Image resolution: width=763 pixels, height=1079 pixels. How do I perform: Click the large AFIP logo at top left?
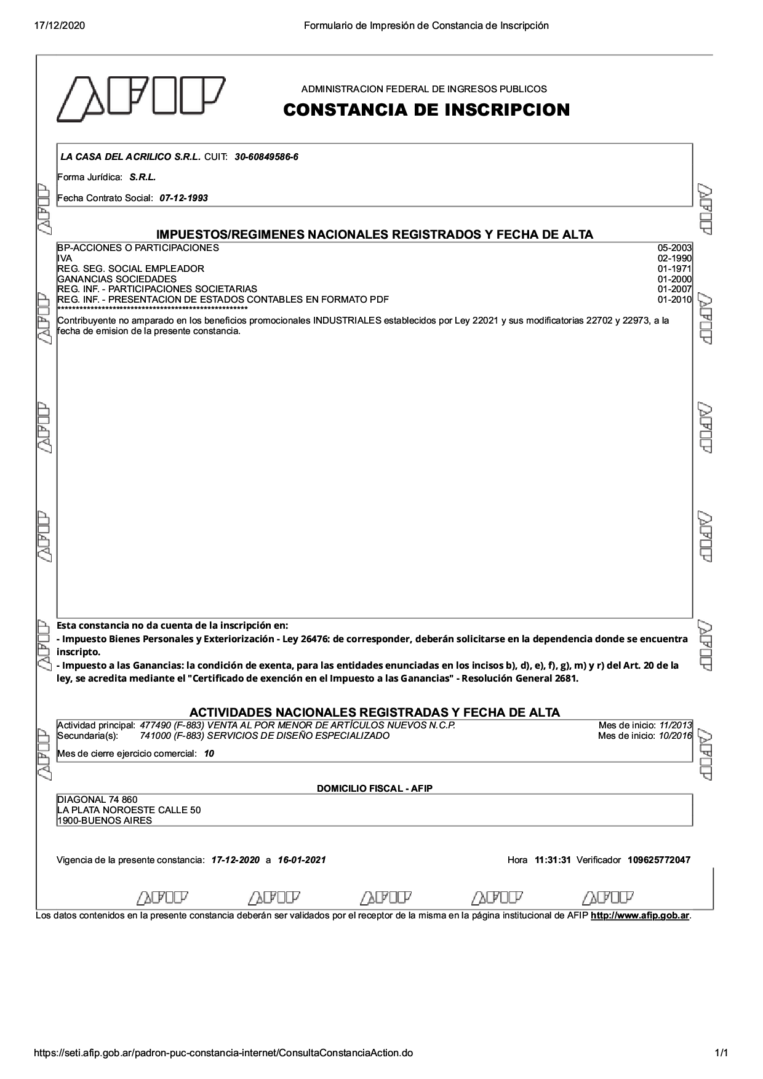click(141, 98)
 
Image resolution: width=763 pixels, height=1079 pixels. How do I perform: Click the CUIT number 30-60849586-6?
click(266, 157)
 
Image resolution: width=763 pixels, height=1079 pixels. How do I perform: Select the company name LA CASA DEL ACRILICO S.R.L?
click(130, 157)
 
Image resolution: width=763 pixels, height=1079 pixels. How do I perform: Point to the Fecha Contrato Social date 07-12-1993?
click(183, 198)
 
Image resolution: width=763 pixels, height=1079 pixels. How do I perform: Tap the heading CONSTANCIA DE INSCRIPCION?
click(426, 110)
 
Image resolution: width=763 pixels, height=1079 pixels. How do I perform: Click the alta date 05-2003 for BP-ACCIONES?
click(674, 248)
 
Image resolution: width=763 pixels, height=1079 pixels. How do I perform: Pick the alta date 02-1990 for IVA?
click(674, 258)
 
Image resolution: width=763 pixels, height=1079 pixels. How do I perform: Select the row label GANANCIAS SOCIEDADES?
click(117, 279)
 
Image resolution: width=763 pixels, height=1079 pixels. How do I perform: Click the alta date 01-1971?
click(674, 269)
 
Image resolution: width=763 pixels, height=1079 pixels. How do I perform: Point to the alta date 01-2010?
click(674, 300)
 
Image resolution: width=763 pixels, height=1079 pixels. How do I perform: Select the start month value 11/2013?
click(675, 725)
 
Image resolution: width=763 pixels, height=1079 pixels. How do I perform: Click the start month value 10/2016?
click(675, 736)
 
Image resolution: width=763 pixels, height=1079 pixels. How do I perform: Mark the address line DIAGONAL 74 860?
click(97, 800)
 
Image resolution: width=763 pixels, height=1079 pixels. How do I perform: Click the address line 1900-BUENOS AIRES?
click(105, 821)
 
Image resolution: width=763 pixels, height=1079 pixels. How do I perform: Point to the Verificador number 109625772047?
click(658, 860)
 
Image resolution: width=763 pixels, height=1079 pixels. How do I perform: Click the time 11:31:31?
click(553, 860)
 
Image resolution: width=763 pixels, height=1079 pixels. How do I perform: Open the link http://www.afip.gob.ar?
click(639, 916)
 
